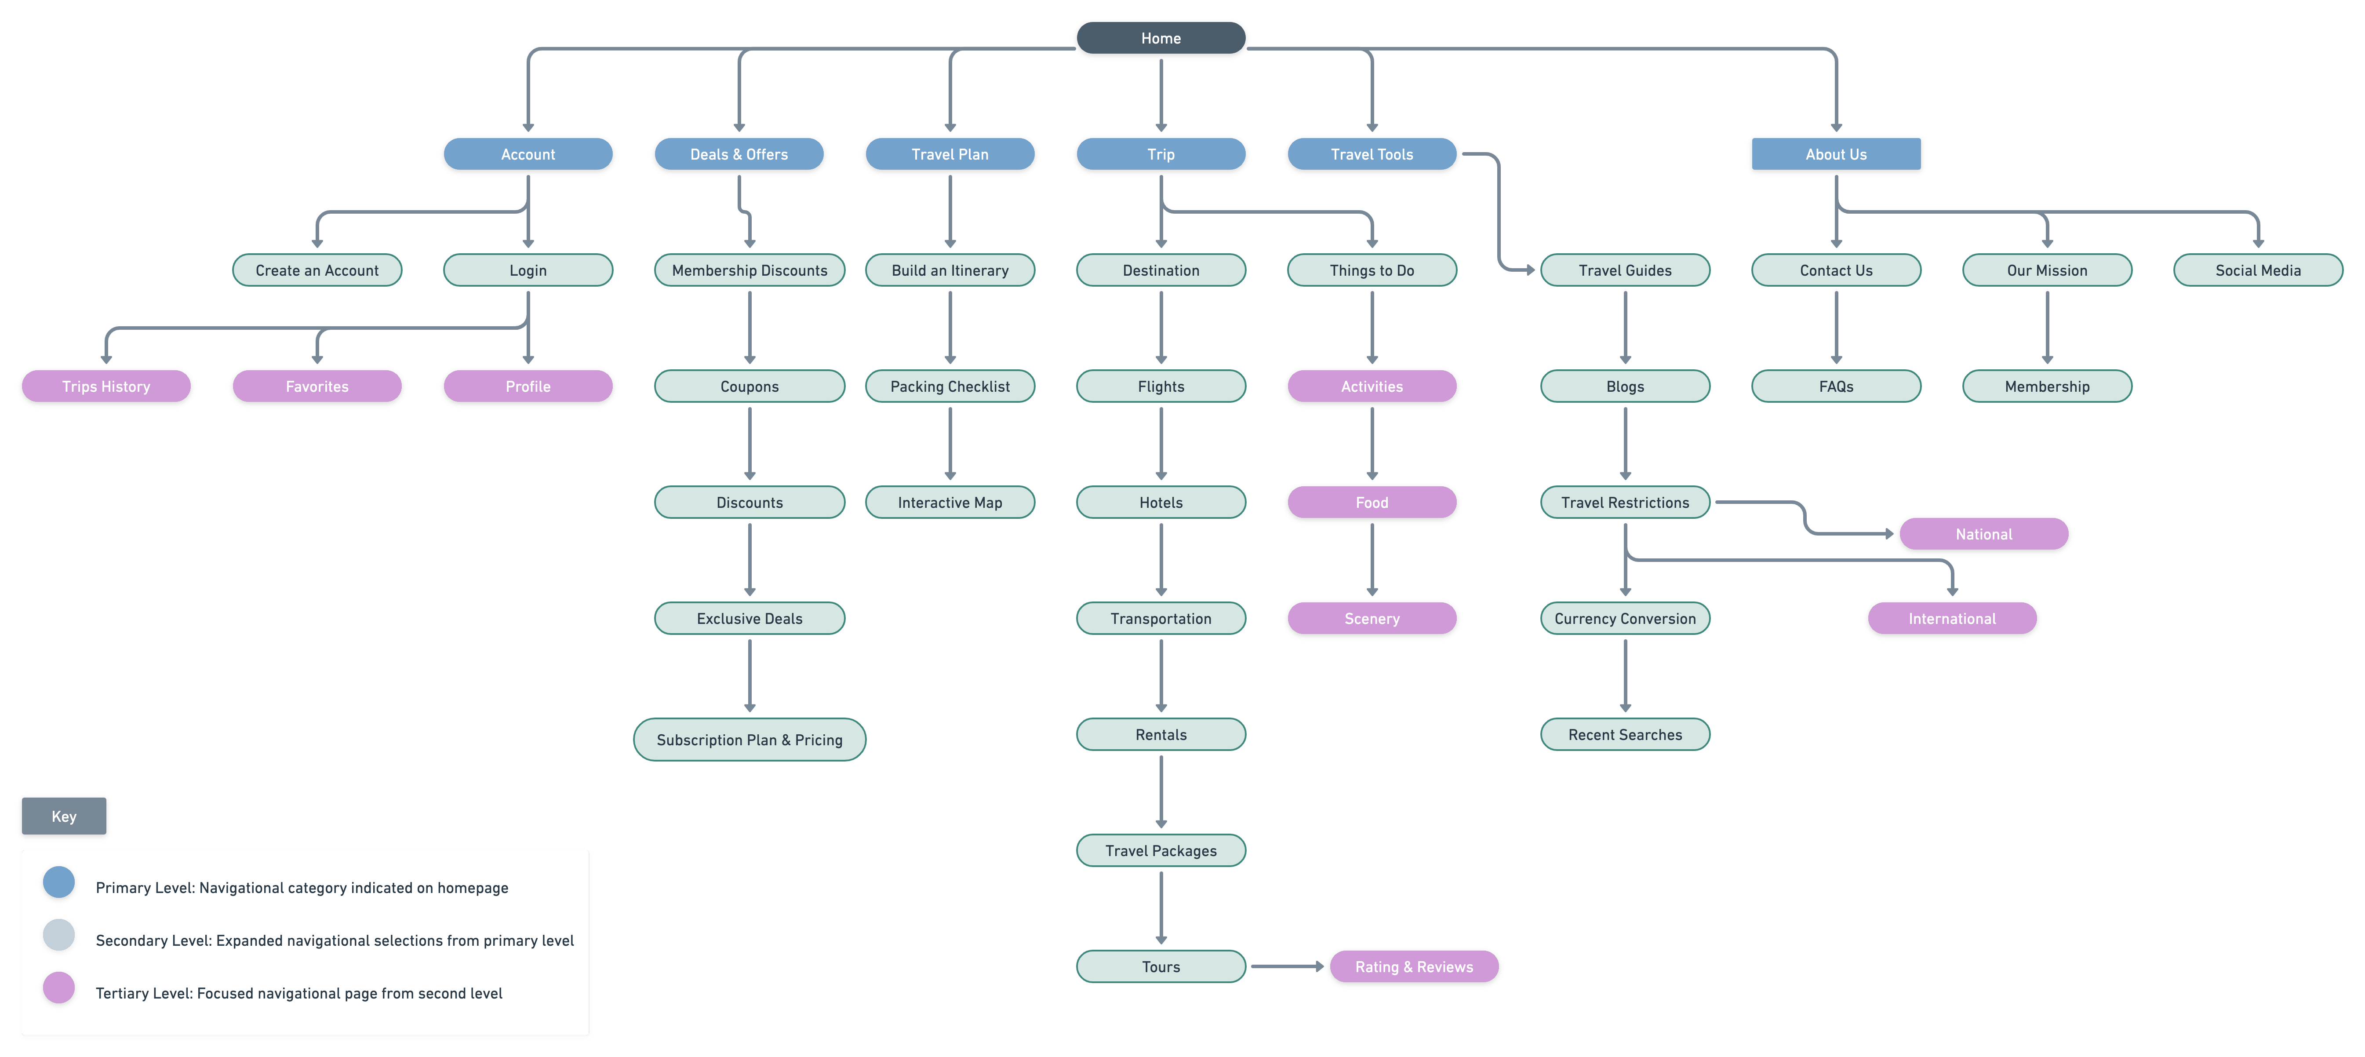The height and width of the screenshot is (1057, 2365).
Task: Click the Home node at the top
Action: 1161,38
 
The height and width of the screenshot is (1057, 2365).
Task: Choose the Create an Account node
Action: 317,270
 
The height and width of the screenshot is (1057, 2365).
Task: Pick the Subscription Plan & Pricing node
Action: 749,739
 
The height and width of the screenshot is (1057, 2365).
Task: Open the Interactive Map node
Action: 950,502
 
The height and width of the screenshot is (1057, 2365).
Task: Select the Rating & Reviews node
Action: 1414,966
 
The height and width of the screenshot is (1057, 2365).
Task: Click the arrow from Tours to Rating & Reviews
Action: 1287,966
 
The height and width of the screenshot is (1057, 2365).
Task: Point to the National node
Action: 1984,533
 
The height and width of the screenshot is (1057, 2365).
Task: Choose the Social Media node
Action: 2259,270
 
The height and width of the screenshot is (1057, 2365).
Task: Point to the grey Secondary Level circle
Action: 59,935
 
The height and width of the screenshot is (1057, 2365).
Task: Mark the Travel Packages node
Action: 1161,850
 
